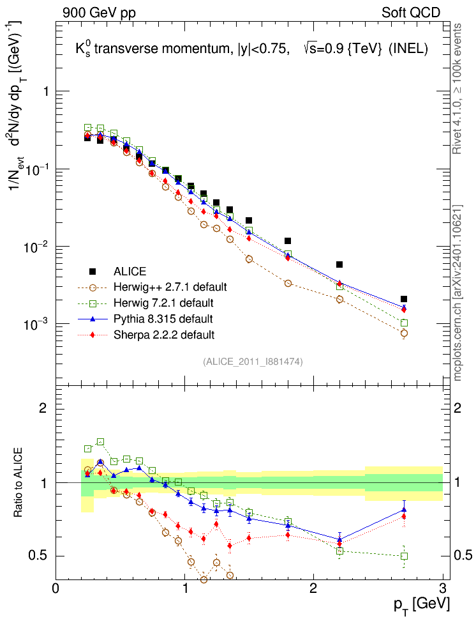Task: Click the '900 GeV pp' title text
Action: tap(99, 12)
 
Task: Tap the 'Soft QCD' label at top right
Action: tap(411, 12)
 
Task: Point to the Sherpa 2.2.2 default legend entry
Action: tap(160, 335)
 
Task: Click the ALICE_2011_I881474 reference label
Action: tap(253, 362)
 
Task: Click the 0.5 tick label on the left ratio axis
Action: tap(41, 556)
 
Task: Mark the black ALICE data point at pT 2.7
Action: tap(404, 299)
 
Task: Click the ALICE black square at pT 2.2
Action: tap(339, 264)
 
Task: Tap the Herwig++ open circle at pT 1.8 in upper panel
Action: tap(288, 283)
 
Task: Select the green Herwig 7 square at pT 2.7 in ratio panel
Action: tap(404, 556)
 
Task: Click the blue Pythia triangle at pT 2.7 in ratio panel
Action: tap(404, 509)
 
